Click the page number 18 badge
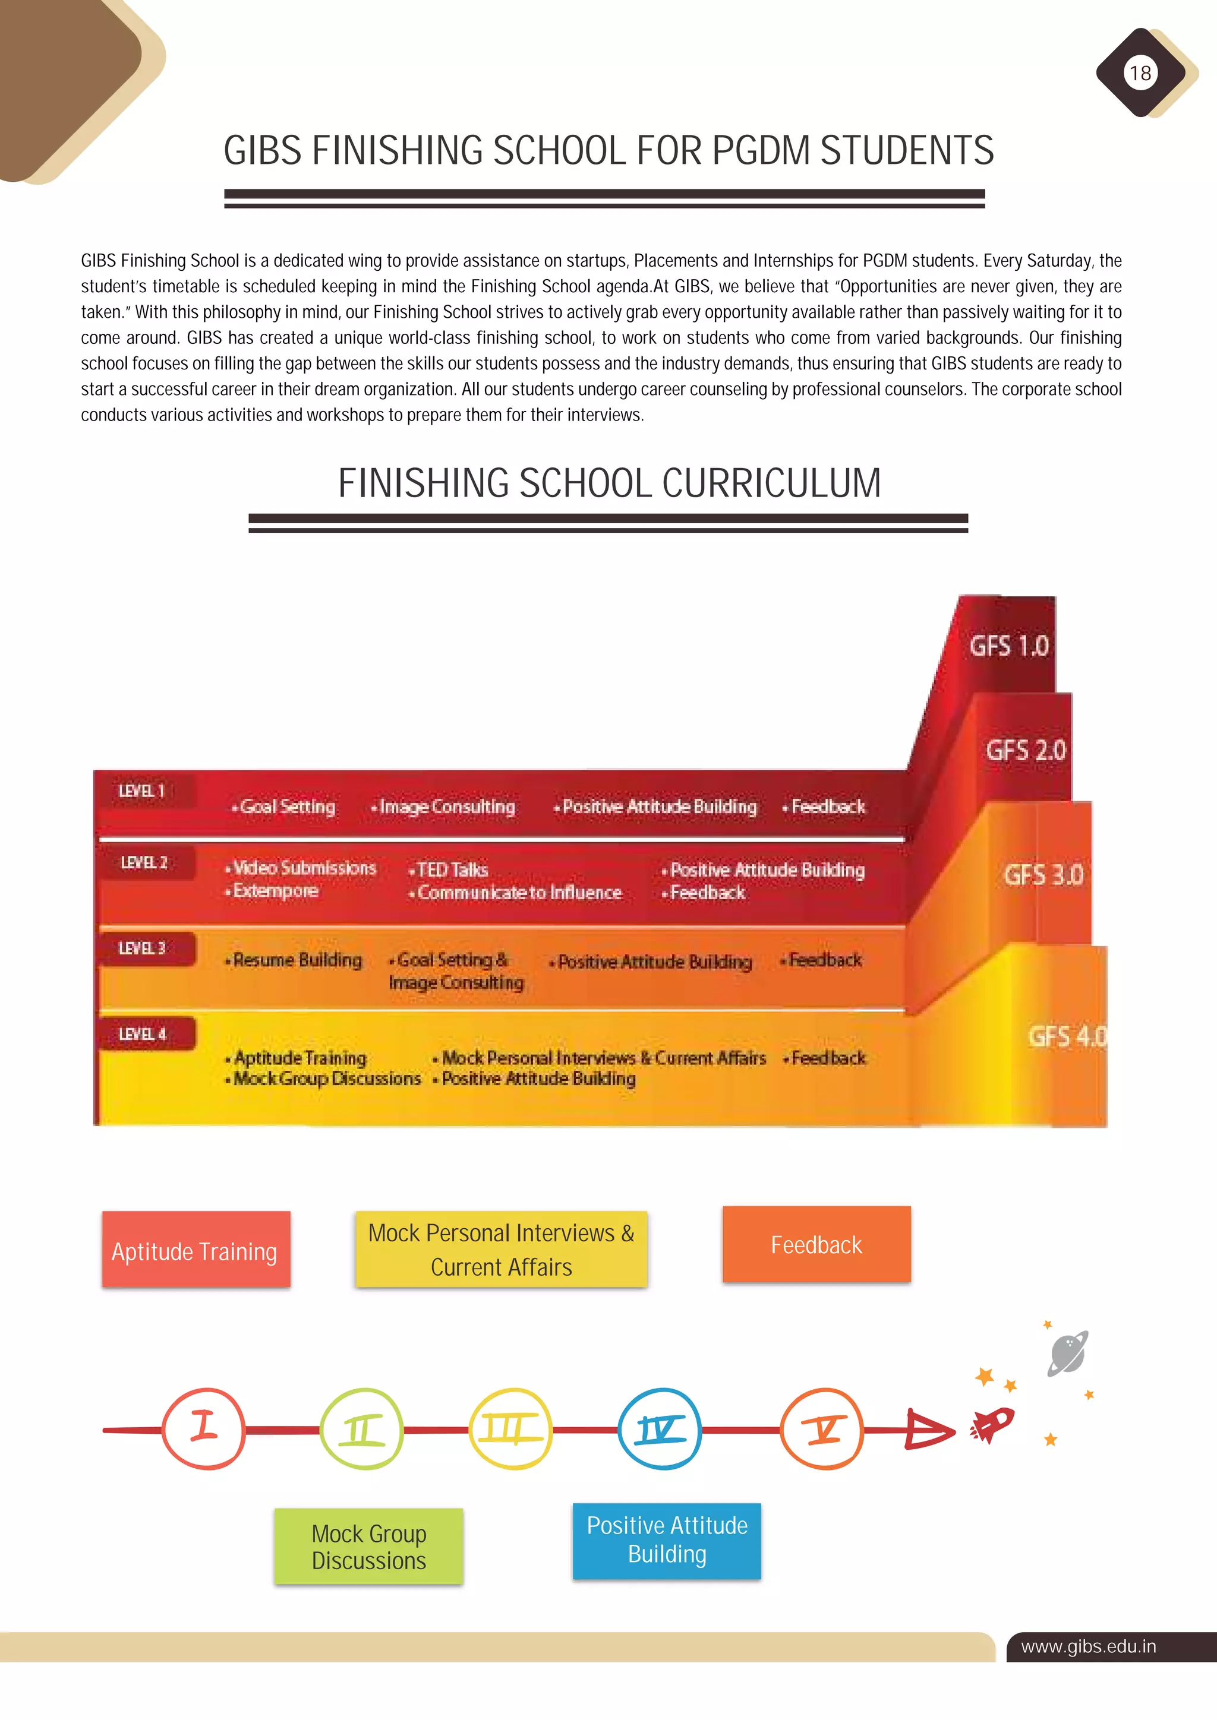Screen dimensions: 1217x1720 click(1140, 72)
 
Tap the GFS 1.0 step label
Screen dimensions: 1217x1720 click(1008, 645)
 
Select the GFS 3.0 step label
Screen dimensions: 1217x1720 click(1043, 874)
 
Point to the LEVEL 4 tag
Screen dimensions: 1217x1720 click(143, 1034)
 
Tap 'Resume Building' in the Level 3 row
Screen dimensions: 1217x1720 click(297, 960)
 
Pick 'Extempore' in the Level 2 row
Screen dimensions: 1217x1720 click(275, 891)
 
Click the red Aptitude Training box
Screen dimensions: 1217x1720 click(196, 1250)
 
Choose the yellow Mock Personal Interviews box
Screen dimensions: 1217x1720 click(502, 1250)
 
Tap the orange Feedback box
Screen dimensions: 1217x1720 click(816, 1244)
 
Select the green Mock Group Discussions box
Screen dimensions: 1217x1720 click(368, 1546)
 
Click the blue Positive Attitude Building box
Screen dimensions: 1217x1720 click(667, 1541)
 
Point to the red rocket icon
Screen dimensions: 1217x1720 click(993, 1424)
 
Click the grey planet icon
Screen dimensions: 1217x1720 click(1067, 1353)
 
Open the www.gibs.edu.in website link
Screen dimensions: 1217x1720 click(1088, 1646)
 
